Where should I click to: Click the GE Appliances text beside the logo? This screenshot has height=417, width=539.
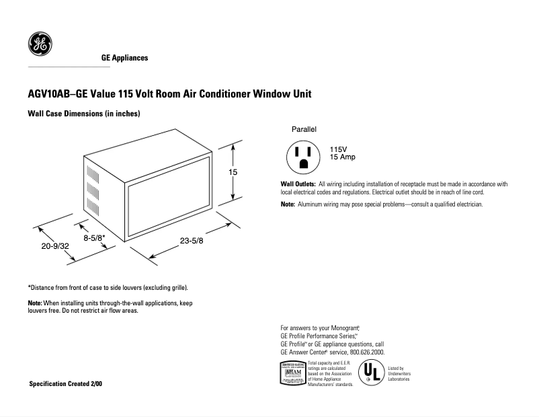point(124,59)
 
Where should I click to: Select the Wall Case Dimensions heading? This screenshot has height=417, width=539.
point(83,114)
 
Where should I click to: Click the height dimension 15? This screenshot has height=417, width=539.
point(233,172)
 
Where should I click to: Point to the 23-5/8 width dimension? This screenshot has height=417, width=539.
point(192,241)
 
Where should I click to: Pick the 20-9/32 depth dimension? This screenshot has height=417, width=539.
point(55,247)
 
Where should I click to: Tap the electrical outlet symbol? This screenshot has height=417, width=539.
point(302,156)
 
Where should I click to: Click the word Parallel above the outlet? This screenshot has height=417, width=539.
point(304,128)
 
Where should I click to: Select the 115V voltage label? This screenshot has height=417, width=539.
point(339,149)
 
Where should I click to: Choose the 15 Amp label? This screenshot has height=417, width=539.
point(342,157)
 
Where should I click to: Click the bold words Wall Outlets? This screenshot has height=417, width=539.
point(298,184)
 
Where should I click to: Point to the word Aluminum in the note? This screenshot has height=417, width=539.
point(313,204)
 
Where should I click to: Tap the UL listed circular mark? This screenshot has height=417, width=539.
point(372,373)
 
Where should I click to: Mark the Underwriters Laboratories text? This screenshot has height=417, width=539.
point(399,374)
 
